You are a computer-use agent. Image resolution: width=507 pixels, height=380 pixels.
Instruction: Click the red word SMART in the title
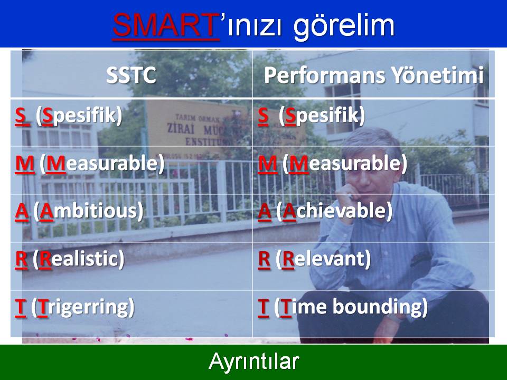coord(165,25)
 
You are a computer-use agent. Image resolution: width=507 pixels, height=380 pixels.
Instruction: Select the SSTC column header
coord(132,75)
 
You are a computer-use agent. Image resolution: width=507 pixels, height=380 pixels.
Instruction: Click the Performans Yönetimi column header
coord(374,75)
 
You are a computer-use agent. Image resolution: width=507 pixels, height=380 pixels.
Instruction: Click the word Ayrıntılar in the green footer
coord(254,361)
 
